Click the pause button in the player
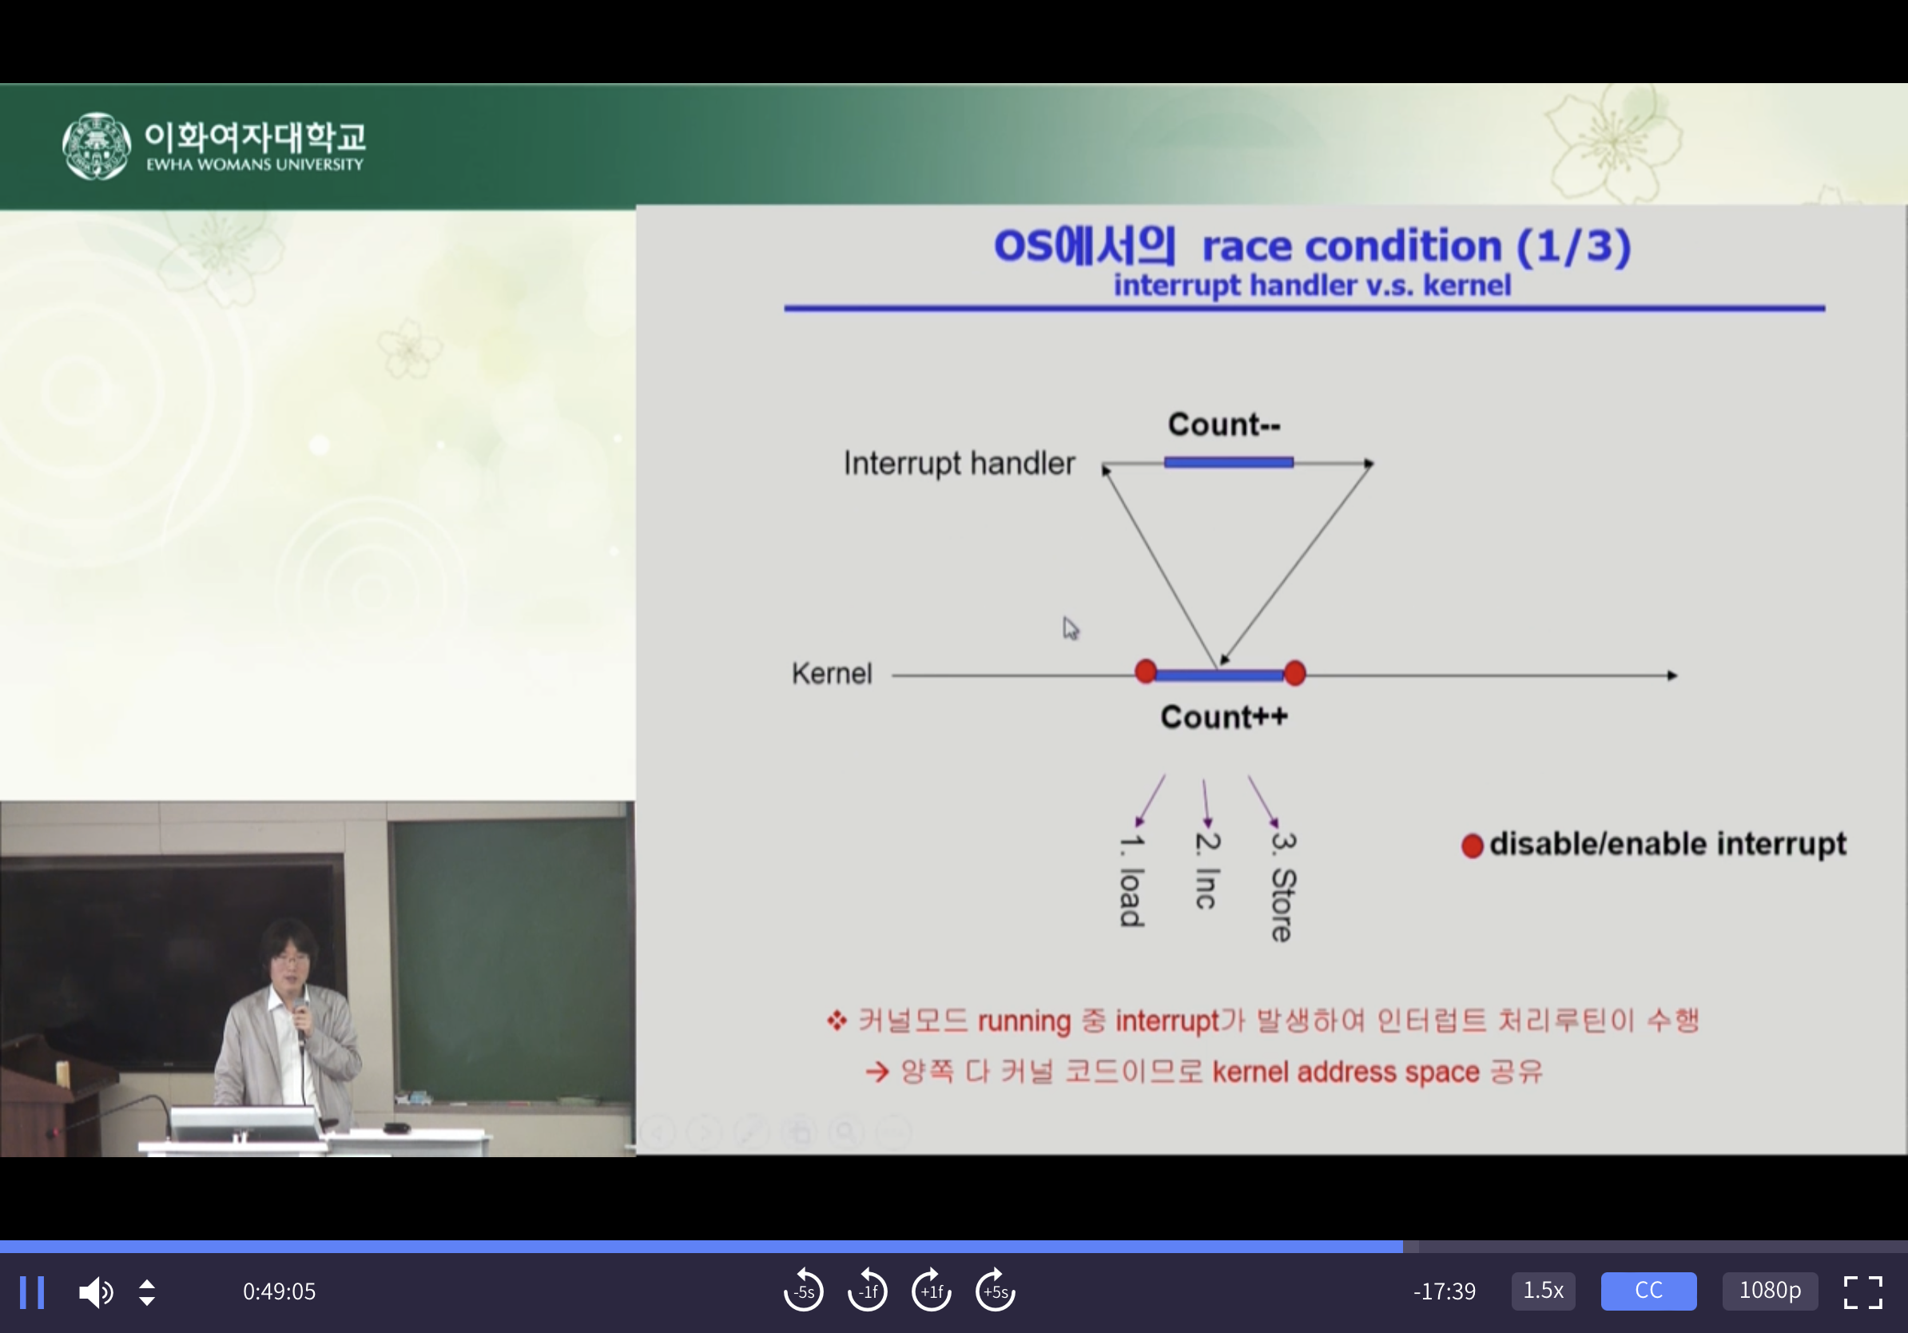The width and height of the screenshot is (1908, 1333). click(32, 1291)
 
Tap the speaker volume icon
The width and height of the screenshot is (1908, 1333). click(96, 1291)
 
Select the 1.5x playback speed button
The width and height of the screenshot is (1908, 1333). click(1543, 1291)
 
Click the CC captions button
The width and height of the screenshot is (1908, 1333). click(1648, 1291)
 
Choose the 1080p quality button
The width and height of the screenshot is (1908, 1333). click(1770, 1291)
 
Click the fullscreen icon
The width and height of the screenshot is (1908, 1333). click(1863, 1291)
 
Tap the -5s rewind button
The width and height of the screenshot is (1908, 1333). click(804, 1291)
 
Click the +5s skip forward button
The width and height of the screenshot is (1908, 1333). click(995, 1291)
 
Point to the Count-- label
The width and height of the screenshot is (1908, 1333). click(1224, 424)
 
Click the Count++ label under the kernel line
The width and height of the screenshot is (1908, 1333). click(1224, 716)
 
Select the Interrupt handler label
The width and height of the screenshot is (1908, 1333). click(959, 463)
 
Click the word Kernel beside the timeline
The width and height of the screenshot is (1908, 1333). click(832, 673)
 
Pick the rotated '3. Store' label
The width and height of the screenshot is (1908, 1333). click(1283, 886)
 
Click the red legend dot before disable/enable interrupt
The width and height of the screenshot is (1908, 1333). click(1472, 846)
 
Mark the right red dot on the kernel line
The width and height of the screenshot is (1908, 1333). click(1294, 673)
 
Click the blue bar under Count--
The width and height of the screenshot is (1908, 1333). click(1228, 462)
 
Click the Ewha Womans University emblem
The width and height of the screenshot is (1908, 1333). click(97, 146)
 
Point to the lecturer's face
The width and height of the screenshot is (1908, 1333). click(290, 960)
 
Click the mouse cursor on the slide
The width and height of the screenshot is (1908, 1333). click(1070, 627)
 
